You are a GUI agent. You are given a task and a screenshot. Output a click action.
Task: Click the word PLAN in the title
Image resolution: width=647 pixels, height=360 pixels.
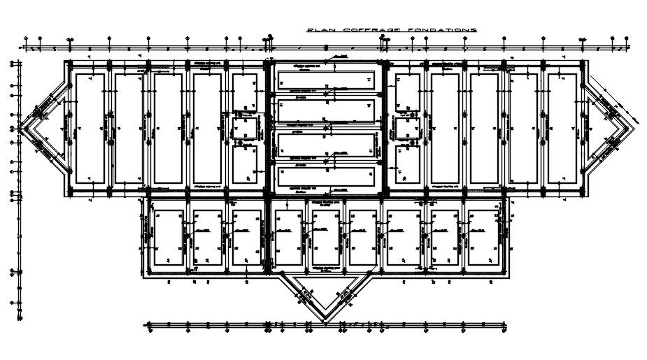[320, 30]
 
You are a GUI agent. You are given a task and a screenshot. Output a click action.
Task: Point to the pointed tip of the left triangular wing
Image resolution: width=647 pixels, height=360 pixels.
[19, 129]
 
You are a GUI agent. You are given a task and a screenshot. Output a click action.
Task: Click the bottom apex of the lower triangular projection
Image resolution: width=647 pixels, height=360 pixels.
[323, 312]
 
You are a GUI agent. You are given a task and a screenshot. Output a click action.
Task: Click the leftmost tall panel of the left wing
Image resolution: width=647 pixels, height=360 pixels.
[90, 129]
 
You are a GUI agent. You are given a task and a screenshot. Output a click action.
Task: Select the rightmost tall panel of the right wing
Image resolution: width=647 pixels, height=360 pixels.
[562, 129]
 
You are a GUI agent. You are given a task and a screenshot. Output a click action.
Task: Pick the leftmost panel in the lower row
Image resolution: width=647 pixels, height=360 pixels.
[169, 238]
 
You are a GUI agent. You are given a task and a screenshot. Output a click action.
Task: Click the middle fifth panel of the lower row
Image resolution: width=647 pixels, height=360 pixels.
[325, 238]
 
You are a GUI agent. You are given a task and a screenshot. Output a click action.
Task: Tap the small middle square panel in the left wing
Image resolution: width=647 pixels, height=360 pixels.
[245, 129]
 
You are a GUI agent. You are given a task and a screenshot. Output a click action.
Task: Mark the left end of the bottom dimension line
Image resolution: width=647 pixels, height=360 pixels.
[145, 324]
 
